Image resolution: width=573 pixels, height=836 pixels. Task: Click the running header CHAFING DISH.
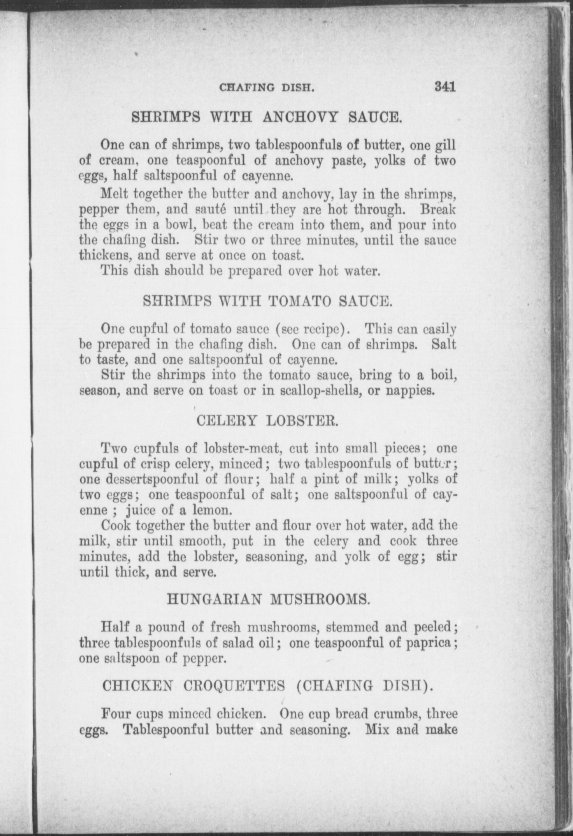[267, 88]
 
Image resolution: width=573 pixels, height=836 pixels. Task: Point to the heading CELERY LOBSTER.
[267, 420]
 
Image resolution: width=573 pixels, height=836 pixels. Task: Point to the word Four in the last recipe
[115, 713]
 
